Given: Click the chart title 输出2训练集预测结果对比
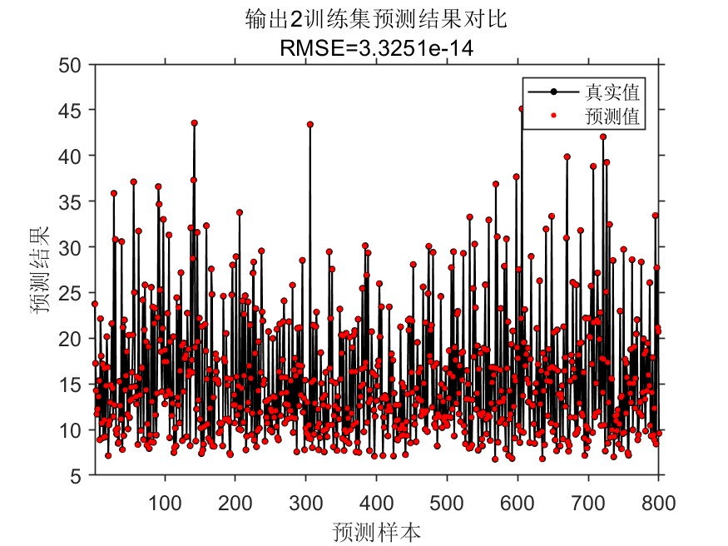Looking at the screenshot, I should pos(377,19).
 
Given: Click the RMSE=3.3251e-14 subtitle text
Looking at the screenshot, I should pos(377,49).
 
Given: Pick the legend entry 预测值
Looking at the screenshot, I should pos(617,117).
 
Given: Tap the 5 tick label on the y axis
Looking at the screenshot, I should pos(76,476).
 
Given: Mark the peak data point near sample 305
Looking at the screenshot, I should pos(310,124).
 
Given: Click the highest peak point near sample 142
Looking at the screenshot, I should pos(194,122).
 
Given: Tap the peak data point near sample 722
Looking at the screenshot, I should pos(603,136).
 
